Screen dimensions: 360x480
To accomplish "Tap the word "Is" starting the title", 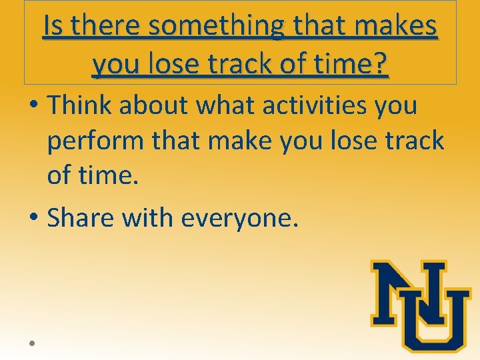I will pos(53,27).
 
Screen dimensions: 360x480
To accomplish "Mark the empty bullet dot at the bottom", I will pos(31,342).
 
